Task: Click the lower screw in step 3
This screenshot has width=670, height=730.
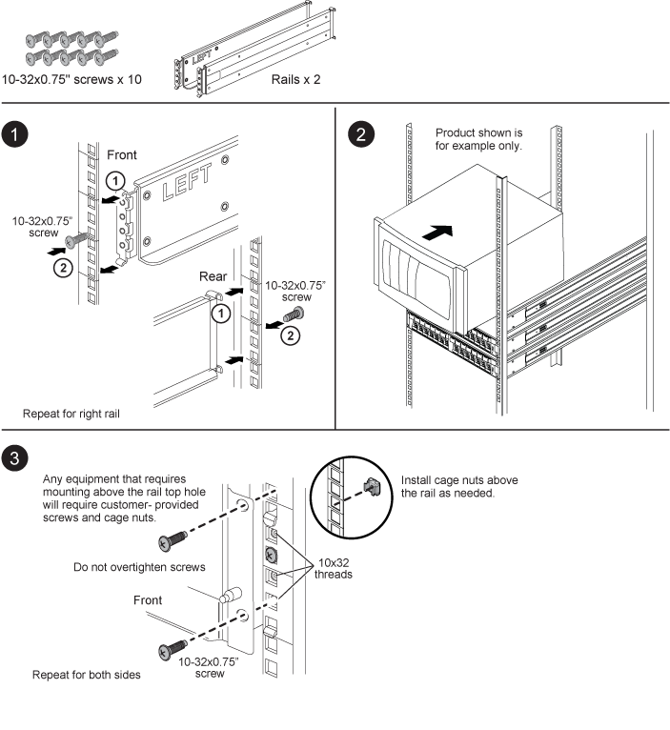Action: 172,651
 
